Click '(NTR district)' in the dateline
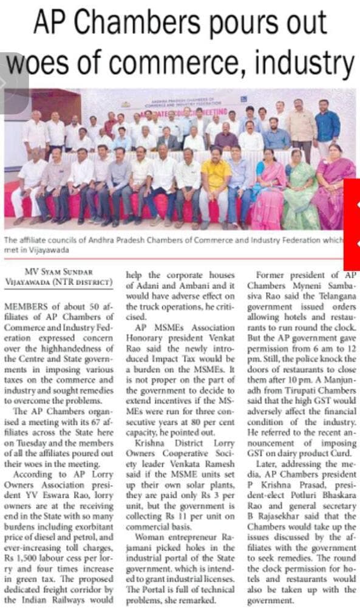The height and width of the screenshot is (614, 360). pos(87,282)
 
